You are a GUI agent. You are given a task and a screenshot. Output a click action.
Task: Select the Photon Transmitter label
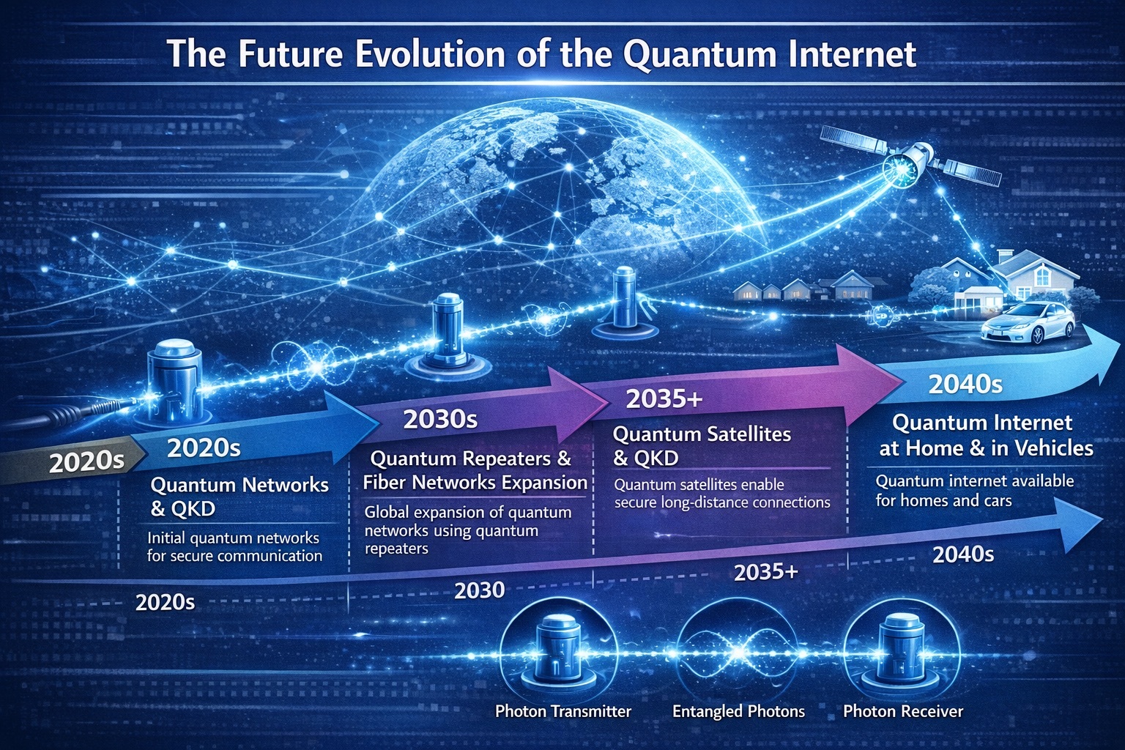(x=562, y=711)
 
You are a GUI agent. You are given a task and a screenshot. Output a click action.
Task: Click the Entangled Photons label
(x=738, y=711)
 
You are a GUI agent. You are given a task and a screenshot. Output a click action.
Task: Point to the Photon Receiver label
(x=902, y=711)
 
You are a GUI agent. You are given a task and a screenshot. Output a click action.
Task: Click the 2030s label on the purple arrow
(x=440, y=419)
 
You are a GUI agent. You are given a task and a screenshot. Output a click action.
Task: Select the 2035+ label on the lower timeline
(x=765, y=572)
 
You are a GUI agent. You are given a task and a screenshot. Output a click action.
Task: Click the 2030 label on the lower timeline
(x=479, y=590)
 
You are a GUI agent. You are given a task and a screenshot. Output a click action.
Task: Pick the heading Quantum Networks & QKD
(x=239, y=496)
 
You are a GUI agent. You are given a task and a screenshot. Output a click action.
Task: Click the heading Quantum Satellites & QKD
(x=701, y=445)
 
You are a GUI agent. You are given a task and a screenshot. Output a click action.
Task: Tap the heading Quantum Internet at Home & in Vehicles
(x=985, y=435)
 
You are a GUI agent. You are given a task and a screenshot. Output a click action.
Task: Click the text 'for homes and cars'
(x=943, y=501)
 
